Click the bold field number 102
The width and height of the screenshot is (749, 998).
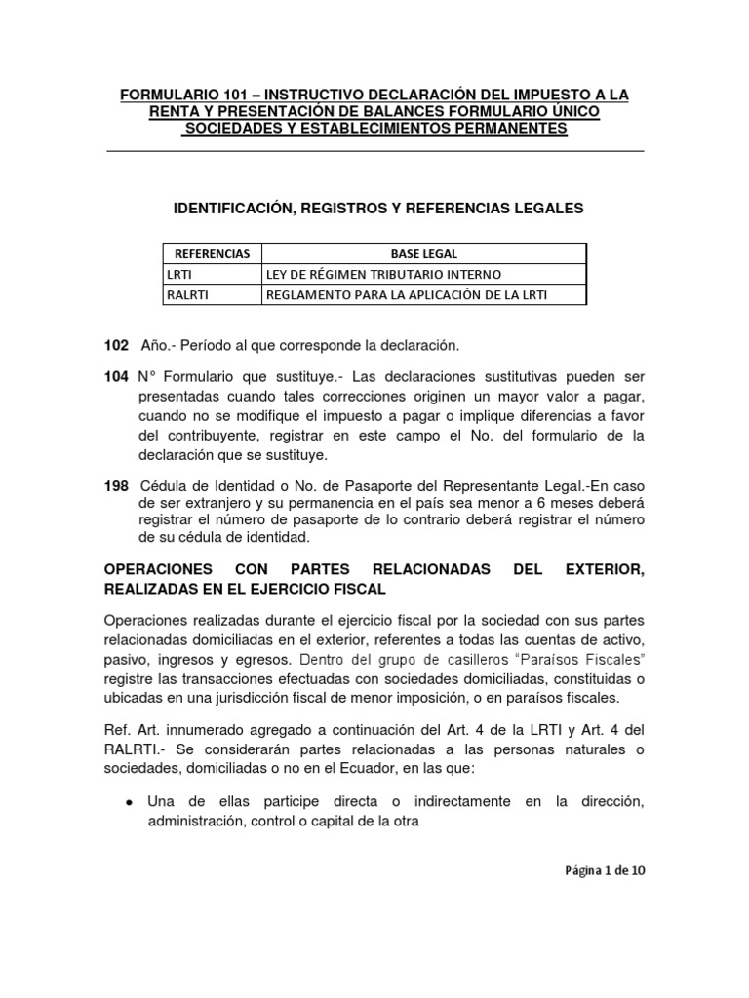(115, 346)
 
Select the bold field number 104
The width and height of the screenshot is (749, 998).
(115, 376)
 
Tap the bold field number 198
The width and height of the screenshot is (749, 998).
(115, 485)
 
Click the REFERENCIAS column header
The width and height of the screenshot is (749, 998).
(212, 253)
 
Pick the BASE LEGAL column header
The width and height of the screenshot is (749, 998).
(424, 253)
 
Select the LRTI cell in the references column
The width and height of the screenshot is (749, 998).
(177, 275)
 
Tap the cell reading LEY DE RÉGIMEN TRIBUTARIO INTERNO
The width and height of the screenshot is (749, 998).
(384, 275)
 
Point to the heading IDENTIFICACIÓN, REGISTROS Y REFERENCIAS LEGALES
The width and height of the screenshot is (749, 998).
(377, 208)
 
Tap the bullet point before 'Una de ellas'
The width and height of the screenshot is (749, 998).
(130, 801)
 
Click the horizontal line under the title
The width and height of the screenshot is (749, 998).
(374, 151)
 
